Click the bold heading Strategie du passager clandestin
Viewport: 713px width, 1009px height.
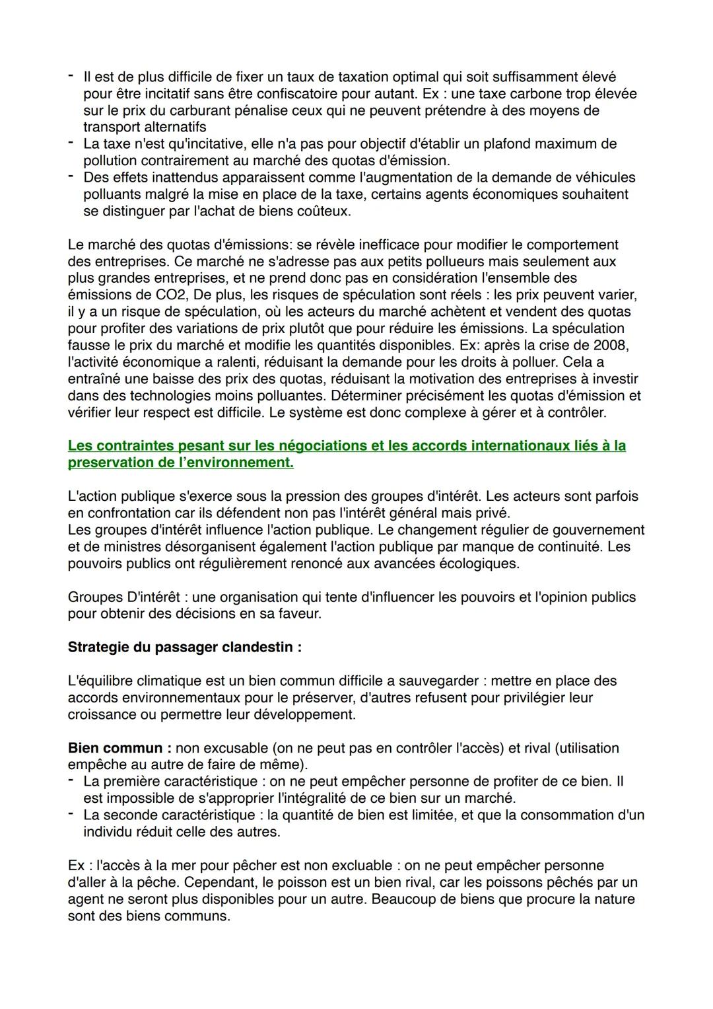pyautogui.click(x=184, y=648)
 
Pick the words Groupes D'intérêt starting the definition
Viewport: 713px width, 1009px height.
pyautogui.click(x=123, y=597)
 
